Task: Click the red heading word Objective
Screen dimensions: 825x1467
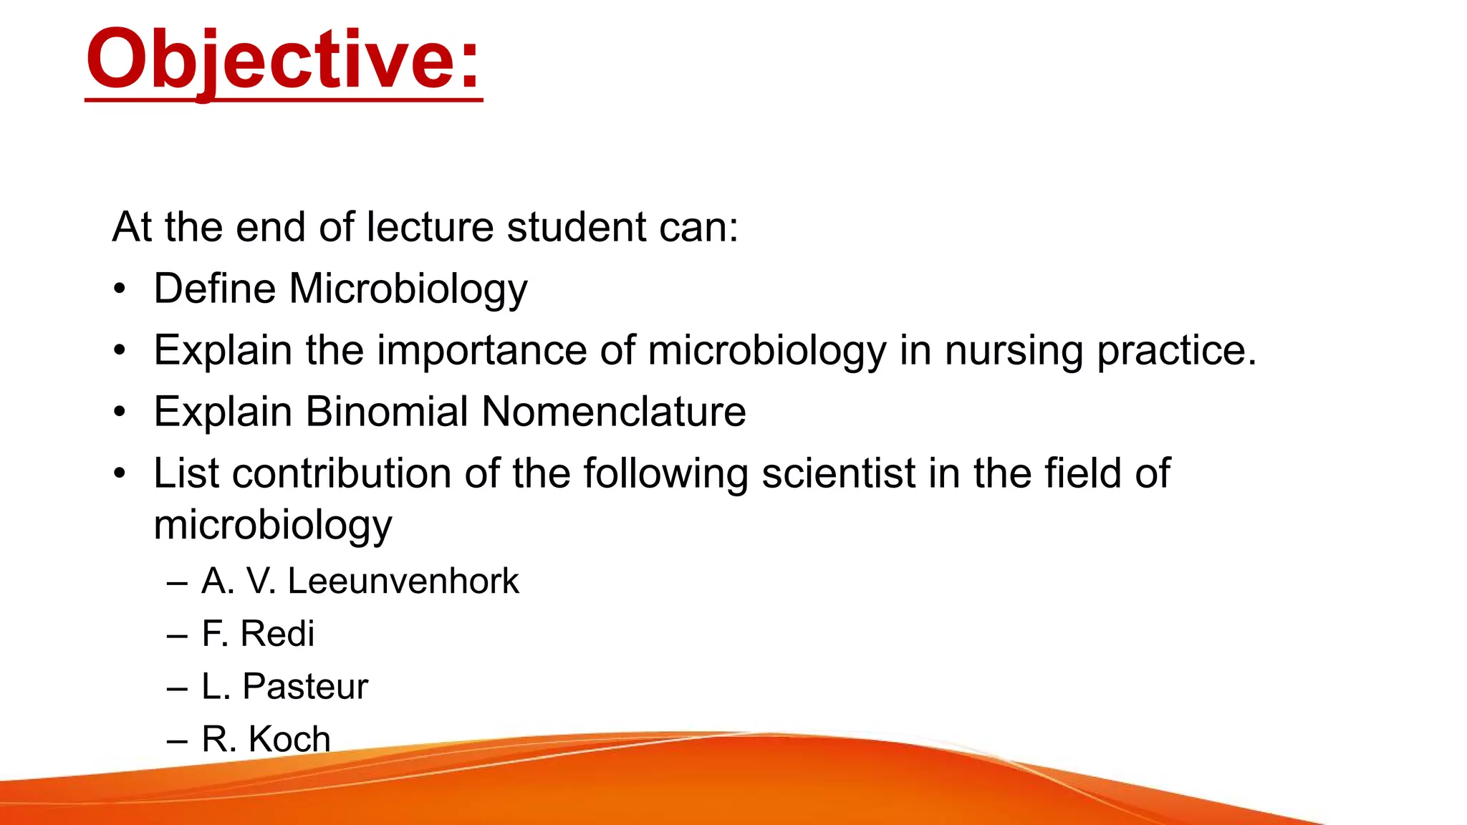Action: coord(284,60)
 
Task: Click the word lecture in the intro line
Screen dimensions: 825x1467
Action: coord(430,227)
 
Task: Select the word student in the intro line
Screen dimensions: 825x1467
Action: coord(577,227)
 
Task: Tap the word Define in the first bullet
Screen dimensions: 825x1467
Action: coord(215,289)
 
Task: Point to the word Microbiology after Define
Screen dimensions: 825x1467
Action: coord(408,290)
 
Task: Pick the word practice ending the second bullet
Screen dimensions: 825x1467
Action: coord(1176,351)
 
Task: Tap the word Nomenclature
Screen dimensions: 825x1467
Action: coord(614,412)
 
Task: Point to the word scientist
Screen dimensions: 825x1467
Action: coord(839,473)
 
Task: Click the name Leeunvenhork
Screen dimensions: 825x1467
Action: coord(403,581)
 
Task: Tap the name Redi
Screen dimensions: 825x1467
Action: coord(277,634)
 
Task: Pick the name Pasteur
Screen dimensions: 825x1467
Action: coord(305,686)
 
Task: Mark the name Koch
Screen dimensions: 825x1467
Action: coord(289,738)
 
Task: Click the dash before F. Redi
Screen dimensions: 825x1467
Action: coord(177,635)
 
